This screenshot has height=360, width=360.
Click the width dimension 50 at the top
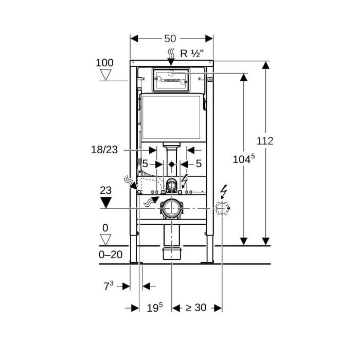tap(170, 39)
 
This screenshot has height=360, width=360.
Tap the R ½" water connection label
tap(191, 53)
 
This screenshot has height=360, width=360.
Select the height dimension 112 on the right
tap(265, 141)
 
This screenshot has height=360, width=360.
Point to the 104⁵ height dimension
tap(243, 159)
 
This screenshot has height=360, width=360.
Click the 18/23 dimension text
tap(104, 150)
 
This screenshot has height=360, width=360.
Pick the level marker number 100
tap(104, 63)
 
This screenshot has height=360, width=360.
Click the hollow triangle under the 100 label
tap(106, 75)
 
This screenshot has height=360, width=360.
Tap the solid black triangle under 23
tap(106, 202)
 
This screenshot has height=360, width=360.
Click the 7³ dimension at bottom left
tap(108, 286)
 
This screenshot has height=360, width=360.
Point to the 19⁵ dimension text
tap(154, 308)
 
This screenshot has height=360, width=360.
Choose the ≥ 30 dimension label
tap(196, 308)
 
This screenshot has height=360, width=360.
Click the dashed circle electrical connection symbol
tap(222, 208)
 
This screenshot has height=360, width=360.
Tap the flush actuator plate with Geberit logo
tap(172, 80)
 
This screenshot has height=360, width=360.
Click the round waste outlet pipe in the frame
tap(171, 208)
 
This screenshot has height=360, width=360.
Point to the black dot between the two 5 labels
tap(171, 165)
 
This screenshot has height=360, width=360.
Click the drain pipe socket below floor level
tap(171, 253)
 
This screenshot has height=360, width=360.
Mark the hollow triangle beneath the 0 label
tap(106, 240)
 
